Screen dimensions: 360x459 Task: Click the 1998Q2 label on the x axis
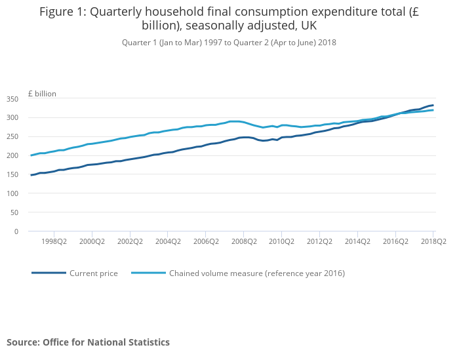pos(54,241)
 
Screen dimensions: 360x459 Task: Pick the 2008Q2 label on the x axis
pos(243,241)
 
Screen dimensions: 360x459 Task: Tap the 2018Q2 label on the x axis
pos(433,241)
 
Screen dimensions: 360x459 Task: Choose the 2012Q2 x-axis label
pos(319,241)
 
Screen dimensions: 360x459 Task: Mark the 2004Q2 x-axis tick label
pos(167,241)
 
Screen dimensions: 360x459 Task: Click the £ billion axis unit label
pos(42,94)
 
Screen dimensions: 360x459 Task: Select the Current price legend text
pos(94,273)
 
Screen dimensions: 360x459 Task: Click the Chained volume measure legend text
pos(257,273)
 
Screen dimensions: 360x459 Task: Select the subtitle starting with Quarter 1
pos(229,43)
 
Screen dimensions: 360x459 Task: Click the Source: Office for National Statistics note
pos(88,342)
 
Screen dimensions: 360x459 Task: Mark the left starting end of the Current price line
pos(31,175)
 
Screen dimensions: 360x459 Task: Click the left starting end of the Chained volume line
pos(31,155)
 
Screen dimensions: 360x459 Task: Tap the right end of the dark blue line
pos(433,105)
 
